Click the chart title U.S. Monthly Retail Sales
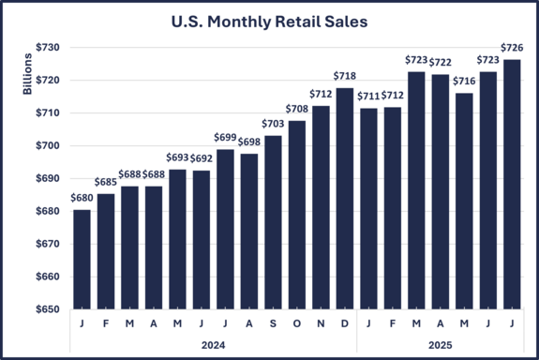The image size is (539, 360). (269, 20)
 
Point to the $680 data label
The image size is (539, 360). (82, 199)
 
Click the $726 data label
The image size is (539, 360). (513, 48)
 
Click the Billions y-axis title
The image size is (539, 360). (27, 74)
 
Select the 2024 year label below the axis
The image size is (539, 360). (214, 344)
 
